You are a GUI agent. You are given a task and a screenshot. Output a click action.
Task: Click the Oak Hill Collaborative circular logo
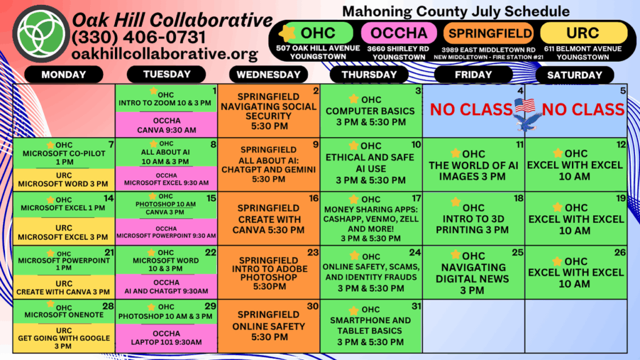pyautogui.click(x=41, y=34)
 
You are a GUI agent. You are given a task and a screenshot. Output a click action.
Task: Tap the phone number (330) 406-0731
pyautogui.click(x=138, y=37)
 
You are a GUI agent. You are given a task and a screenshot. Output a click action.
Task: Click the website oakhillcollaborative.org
pyautogui.click(x=165, y=54)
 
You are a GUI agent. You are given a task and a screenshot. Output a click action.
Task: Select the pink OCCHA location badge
pyautogui.click(x=399, y=33)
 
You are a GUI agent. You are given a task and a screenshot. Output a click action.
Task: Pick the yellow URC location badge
pyautogui.click(x=584, y=33)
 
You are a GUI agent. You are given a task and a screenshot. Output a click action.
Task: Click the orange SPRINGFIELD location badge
pyautogui.click(x=489, y=33)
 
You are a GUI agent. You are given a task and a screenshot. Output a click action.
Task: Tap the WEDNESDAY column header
pyautogui.click(x=269, y=75)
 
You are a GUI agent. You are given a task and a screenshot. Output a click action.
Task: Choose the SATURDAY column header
pyautogui.click(x=575, y=75)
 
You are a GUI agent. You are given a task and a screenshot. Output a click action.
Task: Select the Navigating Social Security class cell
pyautogui.click(x=269, y=111)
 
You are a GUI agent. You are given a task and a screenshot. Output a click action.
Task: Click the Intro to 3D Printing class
pyautogui.click(x=474, y=218)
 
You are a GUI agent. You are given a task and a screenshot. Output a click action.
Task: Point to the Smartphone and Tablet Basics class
pyautogui.click(x=371, y=326)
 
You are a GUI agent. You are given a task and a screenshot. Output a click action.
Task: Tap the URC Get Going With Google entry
pyautogui.click(x=64, y=338)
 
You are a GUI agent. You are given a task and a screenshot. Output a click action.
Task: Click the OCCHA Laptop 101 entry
pyautogui.click(x=166, y=338)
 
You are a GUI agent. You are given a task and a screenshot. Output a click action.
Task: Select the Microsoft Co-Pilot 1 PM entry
pyautogui.click(x=64, y=153)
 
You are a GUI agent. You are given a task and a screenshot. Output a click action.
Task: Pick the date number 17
pyautogui.click(x=416, y=198)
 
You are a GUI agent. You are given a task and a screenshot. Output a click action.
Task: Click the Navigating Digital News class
pyautogui.click(x=474, y=272)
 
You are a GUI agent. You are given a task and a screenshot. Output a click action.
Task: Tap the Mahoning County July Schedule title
pyautogui.click(x=456, y=11)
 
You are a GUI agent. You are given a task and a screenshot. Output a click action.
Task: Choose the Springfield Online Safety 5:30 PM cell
pyautogui.click(x=269, y=326)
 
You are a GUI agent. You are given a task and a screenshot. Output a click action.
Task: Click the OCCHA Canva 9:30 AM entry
pyautogui.click(x=166, y=125)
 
